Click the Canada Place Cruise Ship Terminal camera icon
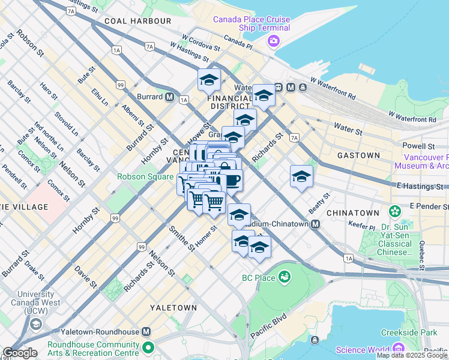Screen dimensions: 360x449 click(274, 40)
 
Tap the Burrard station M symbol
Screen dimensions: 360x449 click(170, 97)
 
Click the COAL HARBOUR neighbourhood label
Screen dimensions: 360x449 click(137, 21)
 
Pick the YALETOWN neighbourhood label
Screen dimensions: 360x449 click(174, 308)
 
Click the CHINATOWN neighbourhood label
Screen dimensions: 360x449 click(353, 213)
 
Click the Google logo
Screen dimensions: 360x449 click(20, 353)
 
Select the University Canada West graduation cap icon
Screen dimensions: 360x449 click(35, 324)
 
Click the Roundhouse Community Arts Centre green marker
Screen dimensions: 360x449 click(147, 347)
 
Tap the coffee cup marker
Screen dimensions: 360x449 click(231, 179)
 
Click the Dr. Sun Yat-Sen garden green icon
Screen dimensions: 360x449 click(394, 211)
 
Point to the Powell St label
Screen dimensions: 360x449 click(418, 146)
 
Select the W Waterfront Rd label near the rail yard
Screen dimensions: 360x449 click(412, 119)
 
